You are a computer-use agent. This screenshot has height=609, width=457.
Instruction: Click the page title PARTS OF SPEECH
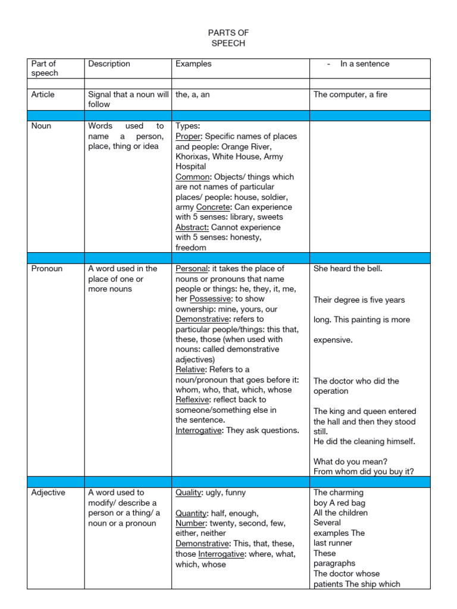click(x=228, y=38)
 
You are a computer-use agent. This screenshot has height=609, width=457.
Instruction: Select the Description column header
click(x=109, y=64)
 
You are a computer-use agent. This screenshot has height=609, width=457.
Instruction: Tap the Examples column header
click(x=193, y=64)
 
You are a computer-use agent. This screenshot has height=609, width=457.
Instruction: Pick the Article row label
click(x=43, y=94)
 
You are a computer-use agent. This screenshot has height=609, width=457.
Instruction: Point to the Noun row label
click(x=41, y=126)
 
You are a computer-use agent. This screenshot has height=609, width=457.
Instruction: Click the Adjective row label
click(x=48, y=492)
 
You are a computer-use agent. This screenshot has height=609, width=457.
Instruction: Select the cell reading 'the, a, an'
click(x=193, y=94)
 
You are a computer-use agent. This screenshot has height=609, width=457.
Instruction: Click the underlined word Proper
click(x=188, y=136)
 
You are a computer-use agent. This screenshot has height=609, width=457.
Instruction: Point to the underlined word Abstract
click(x=192, y=227)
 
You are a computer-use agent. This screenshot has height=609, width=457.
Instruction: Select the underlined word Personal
click(x=191, y=269)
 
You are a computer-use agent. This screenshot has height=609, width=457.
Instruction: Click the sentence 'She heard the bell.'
click(x=348, y=269)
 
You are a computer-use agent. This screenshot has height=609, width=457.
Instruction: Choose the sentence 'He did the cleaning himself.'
click(x=364, y=441)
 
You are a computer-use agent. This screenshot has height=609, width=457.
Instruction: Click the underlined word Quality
click(x=189, y=492)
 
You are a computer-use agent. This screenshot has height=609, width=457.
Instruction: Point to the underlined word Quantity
click(x=190, y=513)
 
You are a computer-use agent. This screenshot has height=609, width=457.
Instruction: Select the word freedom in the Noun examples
click(x=191, y=247)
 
